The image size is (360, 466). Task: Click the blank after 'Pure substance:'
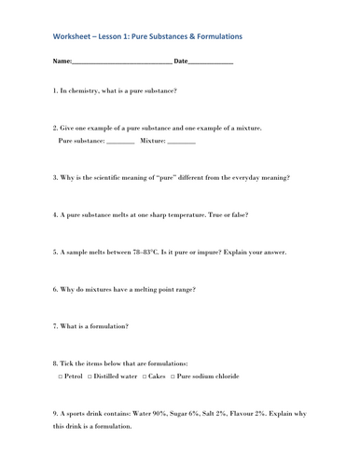pyautogui.click(x=120, y=141)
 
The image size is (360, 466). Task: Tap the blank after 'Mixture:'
pyautogui.click(x=182, y=141)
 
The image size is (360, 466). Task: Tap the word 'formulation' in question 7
pyautogui.click(x=107, y=326)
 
